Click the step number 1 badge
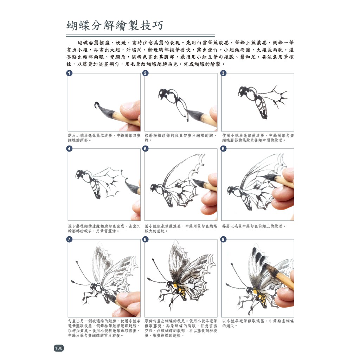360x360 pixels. coord(69,73)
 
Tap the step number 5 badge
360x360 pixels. coord(145,149)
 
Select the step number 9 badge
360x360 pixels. coord(223,239)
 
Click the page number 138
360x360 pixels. coord(59,348)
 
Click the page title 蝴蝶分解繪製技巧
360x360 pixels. coord(115,25)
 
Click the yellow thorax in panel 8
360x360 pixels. coord(176,285)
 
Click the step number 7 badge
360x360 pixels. coord(69,239)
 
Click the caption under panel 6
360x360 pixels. coord(254,226)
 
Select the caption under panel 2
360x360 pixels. coord(181,138)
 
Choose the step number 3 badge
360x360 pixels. coord(223,73)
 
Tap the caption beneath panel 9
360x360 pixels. coord(258,323)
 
